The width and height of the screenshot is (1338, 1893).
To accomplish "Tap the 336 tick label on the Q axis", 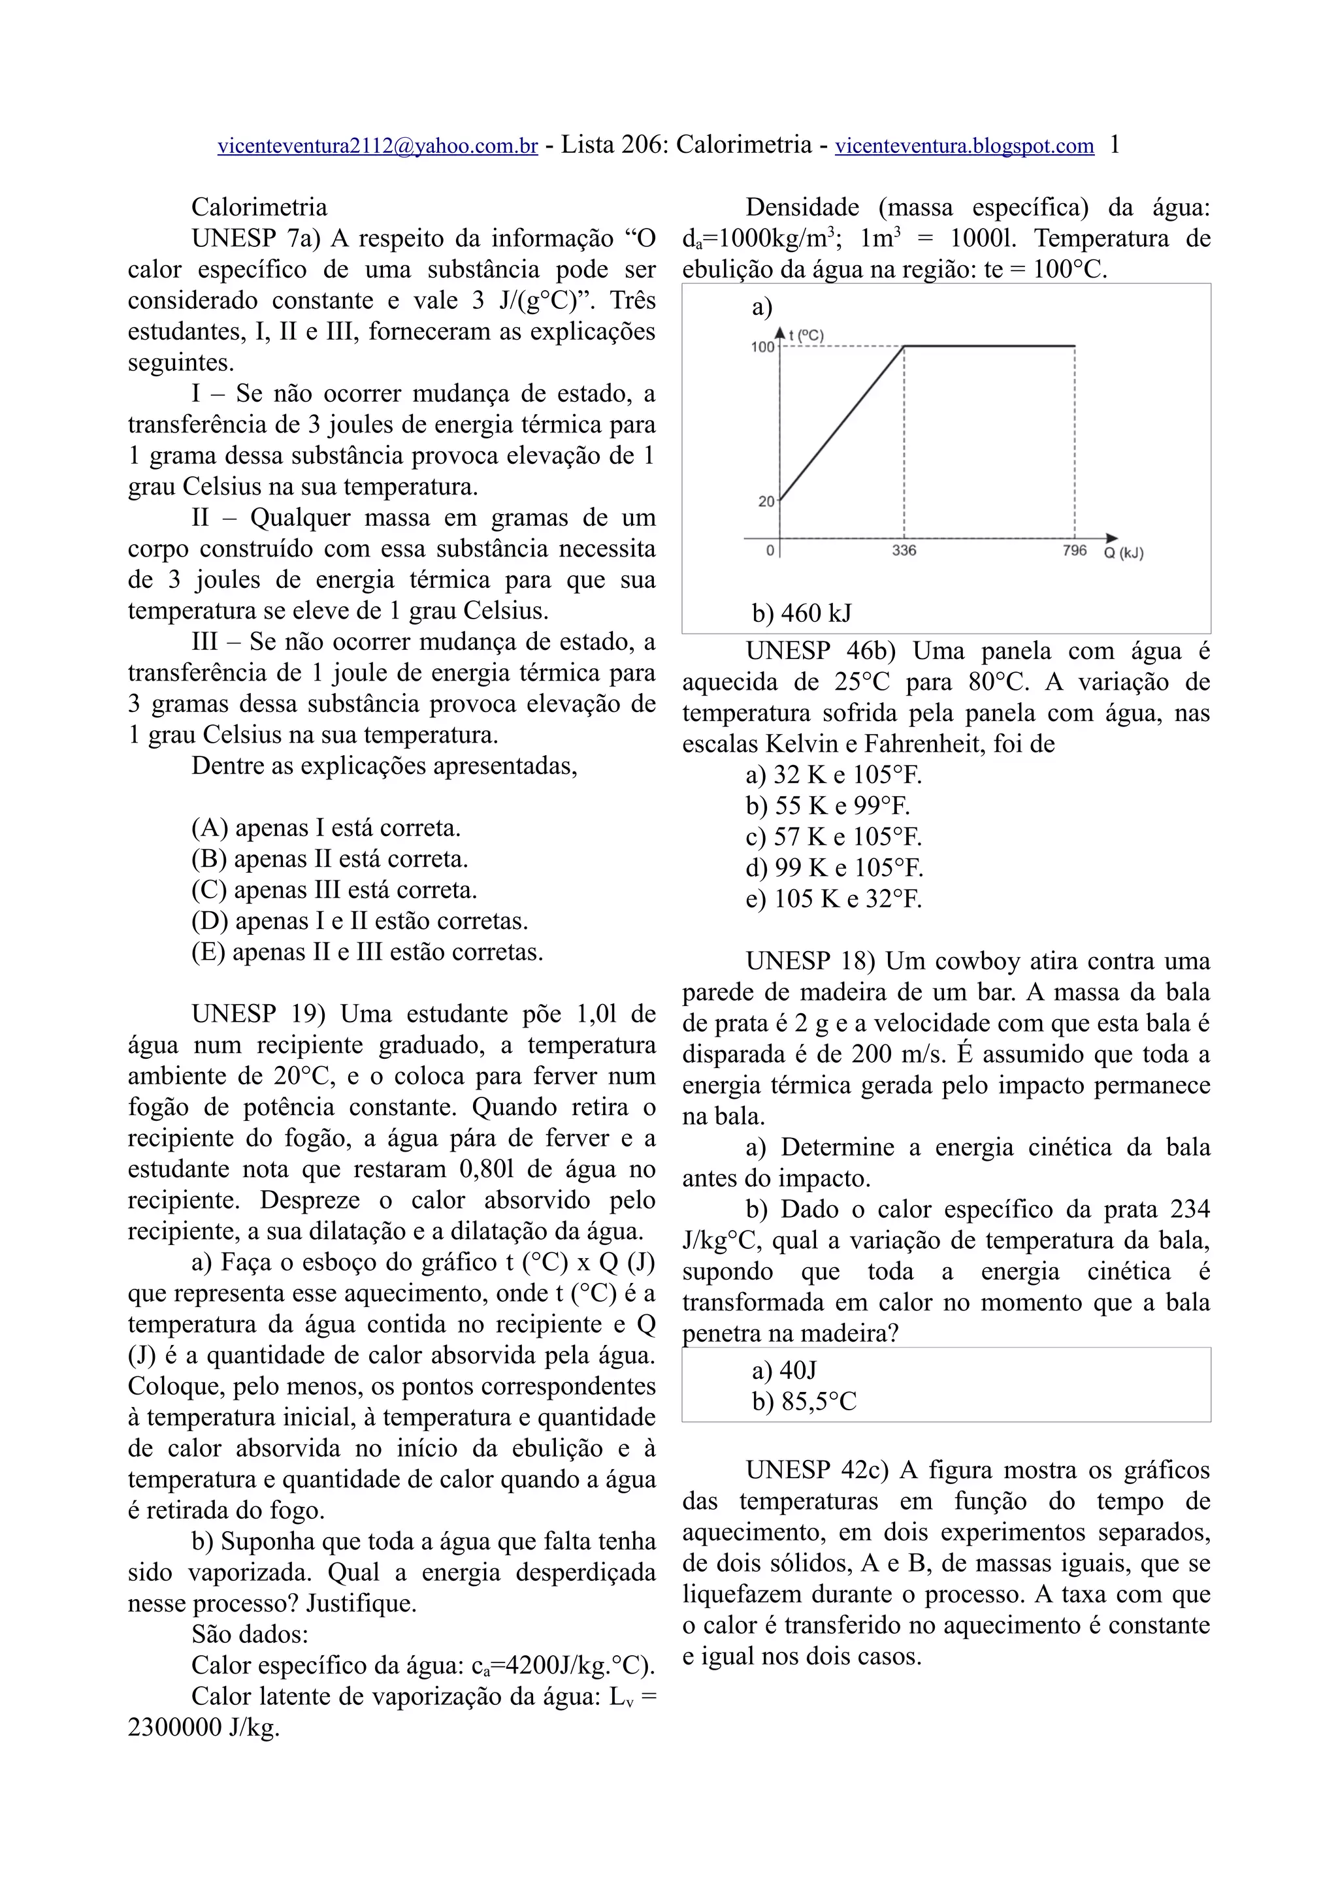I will click(904, 551).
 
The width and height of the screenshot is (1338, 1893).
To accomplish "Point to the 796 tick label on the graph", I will click(1074, 551).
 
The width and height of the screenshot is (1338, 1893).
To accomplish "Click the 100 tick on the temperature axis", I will click(762, 347).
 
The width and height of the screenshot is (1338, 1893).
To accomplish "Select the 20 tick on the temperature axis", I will click(766, 501).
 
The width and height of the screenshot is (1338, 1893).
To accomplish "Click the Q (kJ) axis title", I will click(1124, 553).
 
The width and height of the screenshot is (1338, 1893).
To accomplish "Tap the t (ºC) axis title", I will click(806, 334).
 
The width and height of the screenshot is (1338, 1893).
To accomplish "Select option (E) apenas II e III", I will click(367, 952).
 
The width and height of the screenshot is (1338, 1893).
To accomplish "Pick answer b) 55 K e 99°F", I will click(828, 805).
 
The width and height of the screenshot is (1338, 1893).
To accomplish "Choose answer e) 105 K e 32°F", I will click(834, 899).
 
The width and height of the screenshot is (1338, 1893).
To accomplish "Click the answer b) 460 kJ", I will click(802, 613).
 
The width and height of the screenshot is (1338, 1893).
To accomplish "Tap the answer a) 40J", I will click(784, 1370).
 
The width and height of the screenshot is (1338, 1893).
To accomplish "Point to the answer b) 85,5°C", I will click(804, 1402).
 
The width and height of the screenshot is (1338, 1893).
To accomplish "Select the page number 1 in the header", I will click(1115, 145).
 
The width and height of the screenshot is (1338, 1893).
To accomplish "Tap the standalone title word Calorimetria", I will click(259, 207).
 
